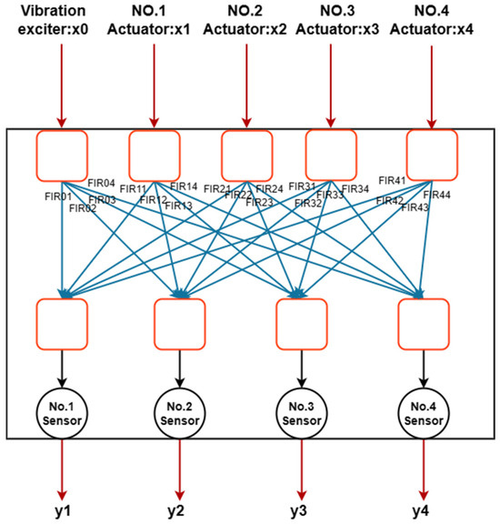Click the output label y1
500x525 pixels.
pyautogui.click(x=61, y=510)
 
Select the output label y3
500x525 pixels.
pyautogui.click(x=300, y=510)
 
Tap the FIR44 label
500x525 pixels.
pyautogui.click(x=436, y=195)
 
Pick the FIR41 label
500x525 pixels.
pyautogui.click(x=392, y=180)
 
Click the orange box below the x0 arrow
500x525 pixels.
pyautogui.click(x=61, y=154)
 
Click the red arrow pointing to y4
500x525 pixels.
pyautogui.click(x=423, y=469)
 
